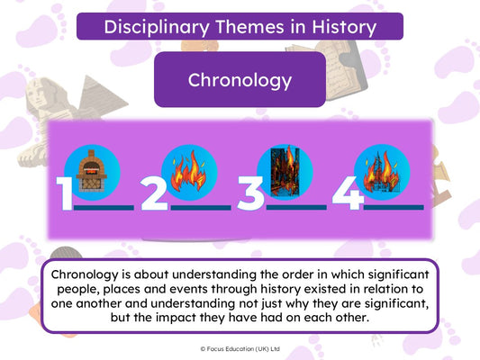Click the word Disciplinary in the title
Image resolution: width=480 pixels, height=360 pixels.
[x=157, y=27]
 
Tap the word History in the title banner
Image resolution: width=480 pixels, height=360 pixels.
[x=344, y=27]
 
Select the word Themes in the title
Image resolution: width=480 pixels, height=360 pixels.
[x=249, y=27]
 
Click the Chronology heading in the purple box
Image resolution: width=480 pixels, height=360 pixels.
[x=240, y=80]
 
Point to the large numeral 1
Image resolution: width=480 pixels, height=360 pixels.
[x=65, y=193]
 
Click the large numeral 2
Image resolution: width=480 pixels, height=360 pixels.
[x=154, y=193]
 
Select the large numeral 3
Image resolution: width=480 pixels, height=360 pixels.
[x=250, y=193]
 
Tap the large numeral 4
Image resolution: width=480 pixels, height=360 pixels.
[x=348, y=193]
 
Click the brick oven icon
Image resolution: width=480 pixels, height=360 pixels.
[x=92, y=171]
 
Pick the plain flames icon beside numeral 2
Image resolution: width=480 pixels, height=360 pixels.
[x=189, y=170]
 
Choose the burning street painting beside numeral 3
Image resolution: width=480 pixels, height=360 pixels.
[x=285, y=171]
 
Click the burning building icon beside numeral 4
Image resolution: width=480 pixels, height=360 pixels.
[x=382, y=172]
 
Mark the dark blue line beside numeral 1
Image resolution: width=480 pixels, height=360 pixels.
[x=104, y=208]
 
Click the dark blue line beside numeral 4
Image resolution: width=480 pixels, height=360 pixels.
[x=394, y=207]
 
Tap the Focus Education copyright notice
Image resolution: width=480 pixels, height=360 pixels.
[x=240, y=348]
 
